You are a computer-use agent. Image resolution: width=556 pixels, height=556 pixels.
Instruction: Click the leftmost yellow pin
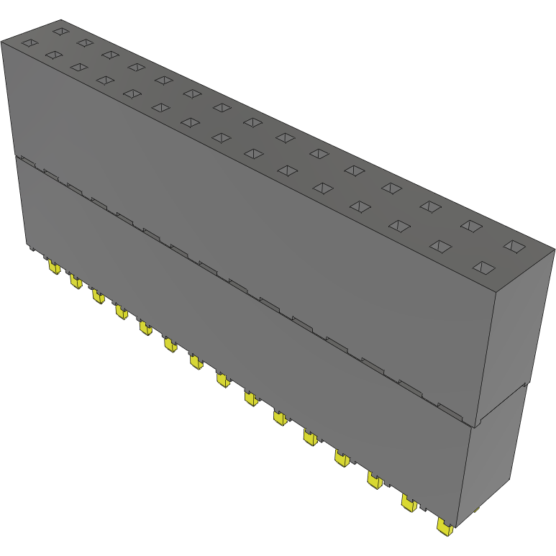pyautogui.click(x=53, y=268)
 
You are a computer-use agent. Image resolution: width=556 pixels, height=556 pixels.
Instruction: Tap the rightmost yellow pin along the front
pyautogui.click(x=444, y=528)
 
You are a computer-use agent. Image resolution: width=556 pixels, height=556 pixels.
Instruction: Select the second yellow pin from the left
pyautogui.click(x=75, y=282)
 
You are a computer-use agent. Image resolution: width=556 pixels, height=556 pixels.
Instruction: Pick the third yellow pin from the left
pyautogui.click(x=97, y=297)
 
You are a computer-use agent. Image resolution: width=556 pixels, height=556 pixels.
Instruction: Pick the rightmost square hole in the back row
pyautogui.click(x=514, y=246)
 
